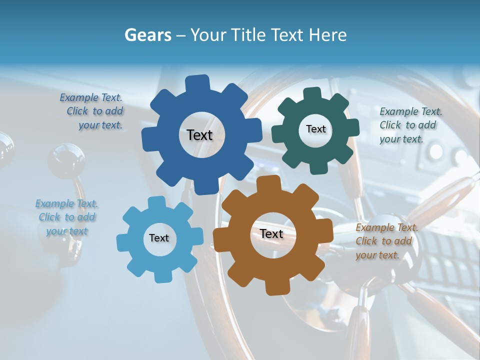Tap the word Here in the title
[327, 35]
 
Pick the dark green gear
[292, 150]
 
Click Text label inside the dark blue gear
[199, 135]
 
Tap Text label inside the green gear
[315, 129]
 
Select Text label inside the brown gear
[271, 234]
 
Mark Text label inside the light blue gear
[159, 238]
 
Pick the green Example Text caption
[410, 125]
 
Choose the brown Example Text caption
[386, 241]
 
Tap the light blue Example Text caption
[66, 217]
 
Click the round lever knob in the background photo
[66, 160]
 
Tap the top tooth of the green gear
[312, 94]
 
